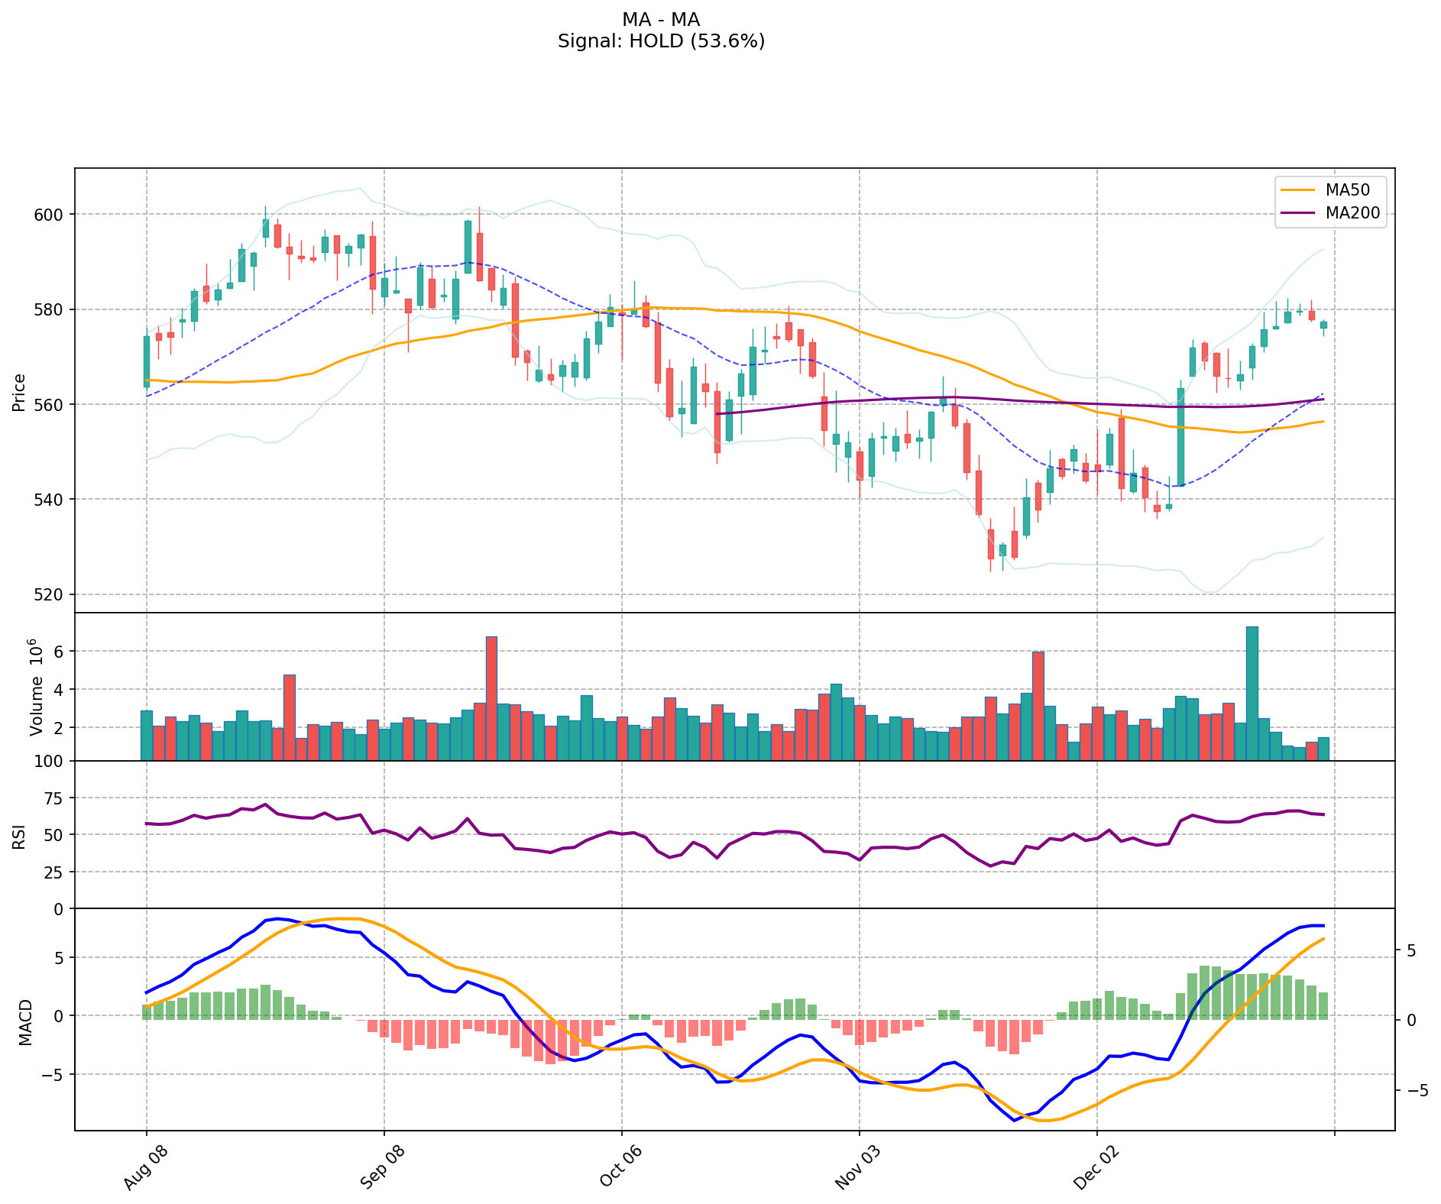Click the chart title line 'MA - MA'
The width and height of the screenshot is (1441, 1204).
pyautogui.click(x=661, y=20)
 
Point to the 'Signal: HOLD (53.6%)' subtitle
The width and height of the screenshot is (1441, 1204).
pyautogui.click(x=661, y=41)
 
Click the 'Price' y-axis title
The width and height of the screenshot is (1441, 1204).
pyautogui.click(x=19, y=393)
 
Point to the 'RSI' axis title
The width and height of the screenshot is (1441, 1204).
pyautogui.click(x=19, y=836)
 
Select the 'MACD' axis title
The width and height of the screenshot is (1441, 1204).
pyautogui.click(x=25, y=1021)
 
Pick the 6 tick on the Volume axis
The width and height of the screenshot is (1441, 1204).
pyautogui.click(x=58, y=652)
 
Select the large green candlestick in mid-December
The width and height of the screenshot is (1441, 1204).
pyautogui.click(x=1180, y=437)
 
